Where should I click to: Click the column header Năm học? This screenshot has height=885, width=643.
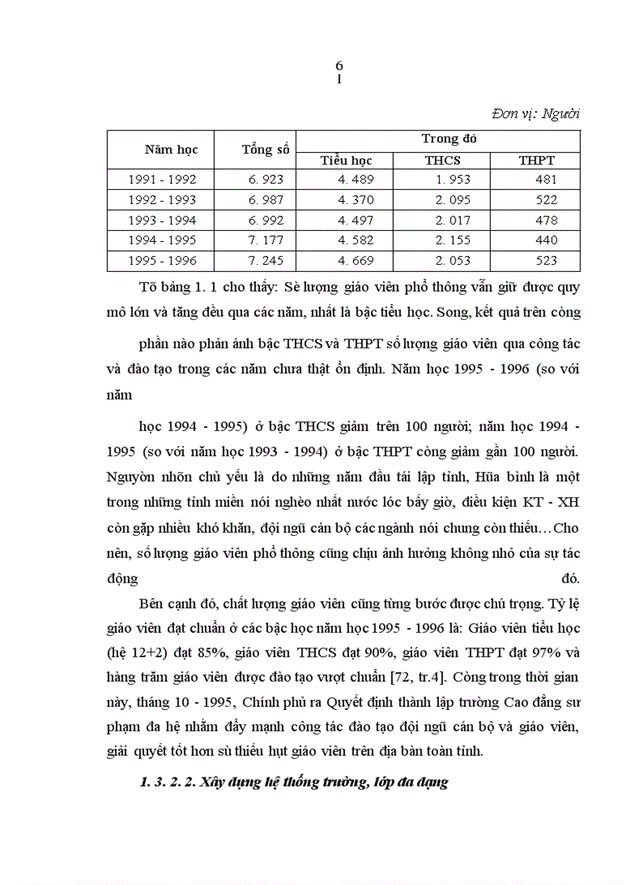click(x=171, y=149)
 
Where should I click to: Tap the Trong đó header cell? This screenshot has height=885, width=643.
click(x=449, y=139)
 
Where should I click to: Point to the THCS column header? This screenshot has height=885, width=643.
click(x=443, y=160)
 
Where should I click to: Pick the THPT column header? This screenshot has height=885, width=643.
click(x=537, y=160)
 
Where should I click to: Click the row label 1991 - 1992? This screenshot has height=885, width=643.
click(x=162, y=180)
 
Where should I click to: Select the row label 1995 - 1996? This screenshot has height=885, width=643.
click(x=162, y=261)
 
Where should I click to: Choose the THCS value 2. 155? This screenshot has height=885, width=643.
click(x=452, y=240)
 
